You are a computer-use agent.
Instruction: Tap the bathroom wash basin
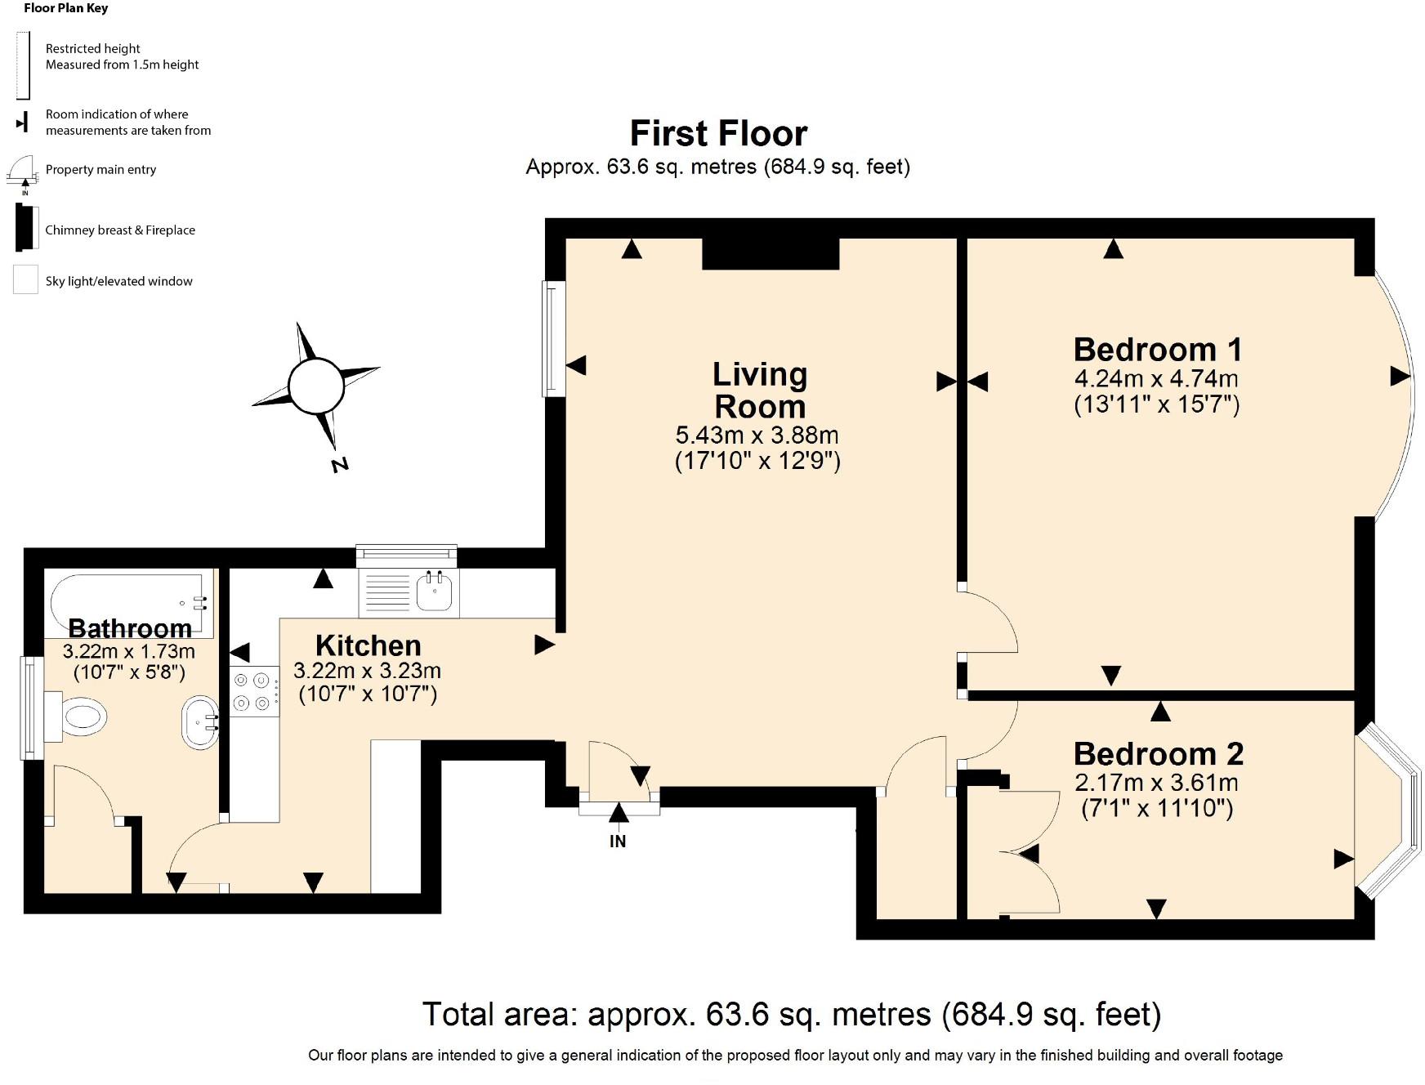(x=200, y=722)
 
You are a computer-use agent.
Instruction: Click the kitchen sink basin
(x=434, y=591)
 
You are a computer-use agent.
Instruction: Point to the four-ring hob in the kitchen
(x=252, y=691)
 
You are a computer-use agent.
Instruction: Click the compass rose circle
(x=316, y=386)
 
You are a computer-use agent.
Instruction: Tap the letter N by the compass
(x=340, y=465)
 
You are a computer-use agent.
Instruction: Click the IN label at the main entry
(x=618, y=841)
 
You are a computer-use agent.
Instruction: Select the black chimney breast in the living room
(x=771, y=253)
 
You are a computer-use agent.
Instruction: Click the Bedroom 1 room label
(x=1158, y=350)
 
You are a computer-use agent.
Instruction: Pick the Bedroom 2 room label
(x=1159, y=753)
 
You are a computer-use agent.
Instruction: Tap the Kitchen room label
(x=369, y=645)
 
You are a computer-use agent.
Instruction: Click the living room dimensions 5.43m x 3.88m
(x=757, y=435)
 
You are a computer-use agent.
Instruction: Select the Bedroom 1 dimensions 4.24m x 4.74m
(x=1156, y=379)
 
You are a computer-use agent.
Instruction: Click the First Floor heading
(x=718, y=133)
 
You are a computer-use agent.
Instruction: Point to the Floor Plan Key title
(x=66, y=8)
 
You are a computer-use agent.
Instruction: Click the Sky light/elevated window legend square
(x=25, y=280)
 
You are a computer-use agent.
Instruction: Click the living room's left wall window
(x=554, y=339)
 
